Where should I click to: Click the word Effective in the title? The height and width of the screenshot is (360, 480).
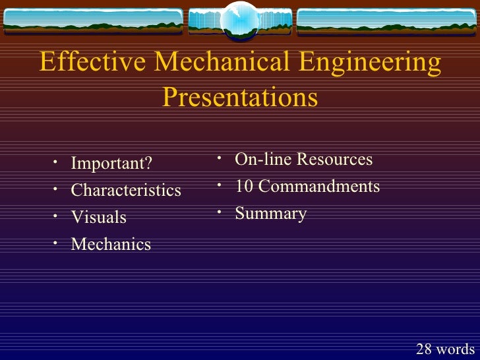pos(93,63)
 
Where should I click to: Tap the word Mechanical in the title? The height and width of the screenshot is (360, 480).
pos(222,63)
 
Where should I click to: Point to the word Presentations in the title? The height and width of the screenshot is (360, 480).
pos(240,98)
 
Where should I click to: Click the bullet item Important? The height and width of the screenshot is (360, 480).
pos(111,163)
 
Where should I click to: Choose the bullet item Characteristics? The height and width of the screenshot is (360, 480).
pos(126,190)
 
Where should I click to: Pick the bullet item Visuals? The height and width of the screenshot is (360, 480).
pos(98,217)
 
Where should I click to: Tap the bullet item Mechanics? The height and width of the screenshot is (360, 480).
pos(111,244)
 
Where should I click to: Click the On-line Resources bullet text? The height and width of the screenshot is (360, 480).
pos(303,160)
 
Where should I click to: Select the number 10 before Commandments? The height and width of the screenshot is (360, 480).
pos(245,187)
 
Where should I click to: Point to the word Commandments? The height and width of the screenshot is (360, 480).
pos(319,187)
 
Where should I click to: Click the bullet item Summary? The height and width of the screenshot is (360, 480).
pos(270,214)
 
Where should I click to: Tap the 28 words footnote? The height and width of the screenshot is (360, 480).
pos(445,349)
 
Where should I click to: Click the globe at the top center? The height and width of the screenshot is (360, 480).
pos(240,20)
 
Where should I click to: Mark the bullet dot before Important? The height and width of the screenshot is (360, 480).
pos(57,162)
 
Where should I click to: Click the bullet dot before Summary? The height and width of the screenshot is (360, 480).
pos(221,212)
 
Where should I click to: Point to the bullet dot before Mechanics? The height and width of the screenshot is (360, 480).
pos(57,243)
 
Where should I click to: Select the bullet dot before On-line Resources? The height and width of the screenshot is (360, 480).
pos(221,158)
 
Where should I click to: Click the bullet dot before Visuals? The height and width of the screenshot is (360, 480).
pos(57,216)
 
